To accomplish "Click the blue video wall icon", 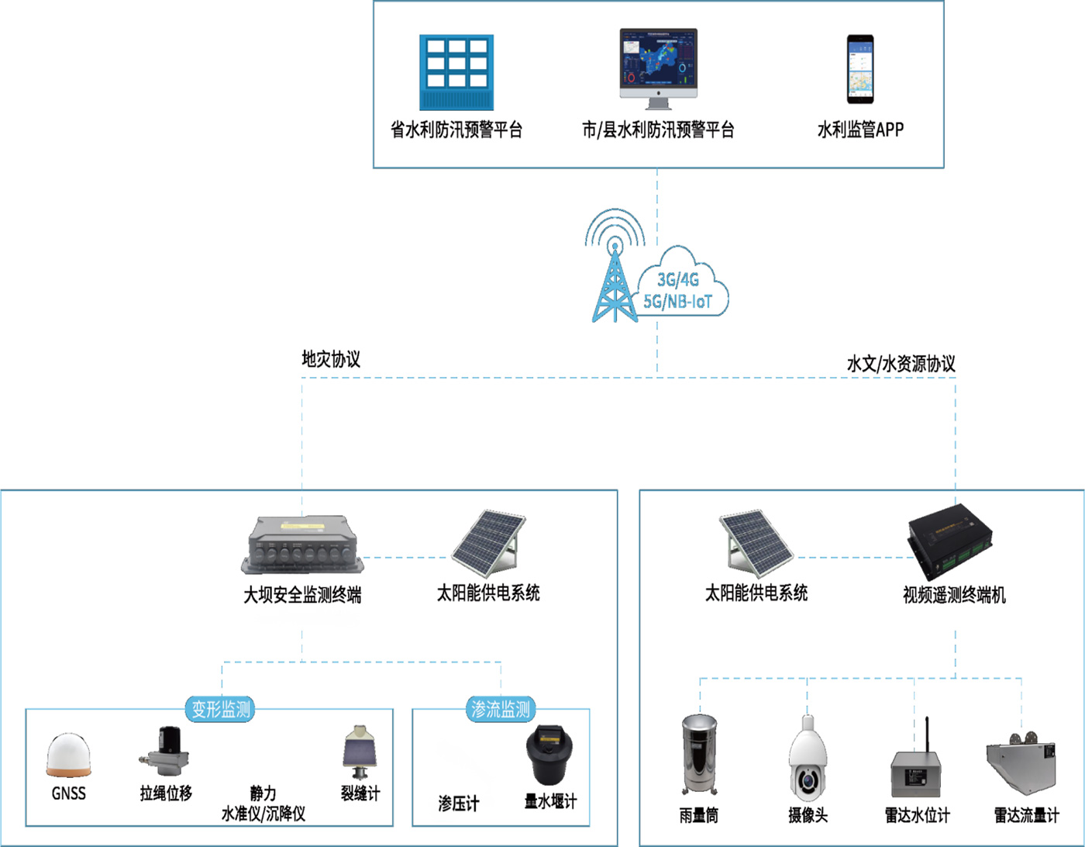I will click(456, 72).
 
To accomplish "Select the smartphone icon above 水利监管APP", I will click(859, 69).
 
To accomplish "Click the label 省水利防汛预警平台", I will click(456, 130).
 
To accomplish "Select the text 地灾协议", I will click(331, 359).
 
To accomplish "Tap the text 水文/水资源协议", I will click(901, 364).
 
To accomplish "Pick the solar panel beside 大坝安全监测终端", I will click(491, 544).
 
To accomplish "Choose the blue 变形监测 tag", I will click(221, 709).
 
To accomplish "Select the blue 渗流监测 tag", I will click(501, 709).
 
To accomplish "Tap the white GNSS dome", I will click(68, 755).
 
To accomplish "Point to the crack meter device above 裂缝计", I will click(360, 752).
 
